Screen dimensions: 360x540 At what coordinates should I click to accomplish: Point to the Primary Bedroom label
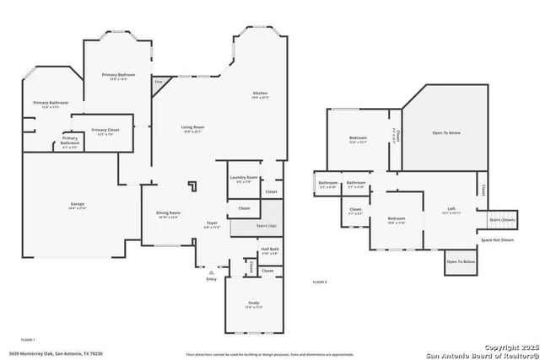(115, 76)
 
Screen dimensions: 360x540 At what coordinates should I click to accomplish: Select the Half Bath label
(270, 250)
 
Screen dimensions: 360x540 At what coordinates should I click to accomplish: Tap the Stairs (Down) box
(501, 220)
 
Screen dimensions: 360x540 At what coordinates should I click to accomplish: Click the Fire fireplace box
(158, 83)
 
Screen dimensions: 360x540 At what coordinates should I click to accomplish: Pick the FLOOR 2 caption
(319, 282)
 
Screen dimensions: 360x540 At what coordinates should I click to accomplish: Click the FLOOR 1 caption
(27, 339)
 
